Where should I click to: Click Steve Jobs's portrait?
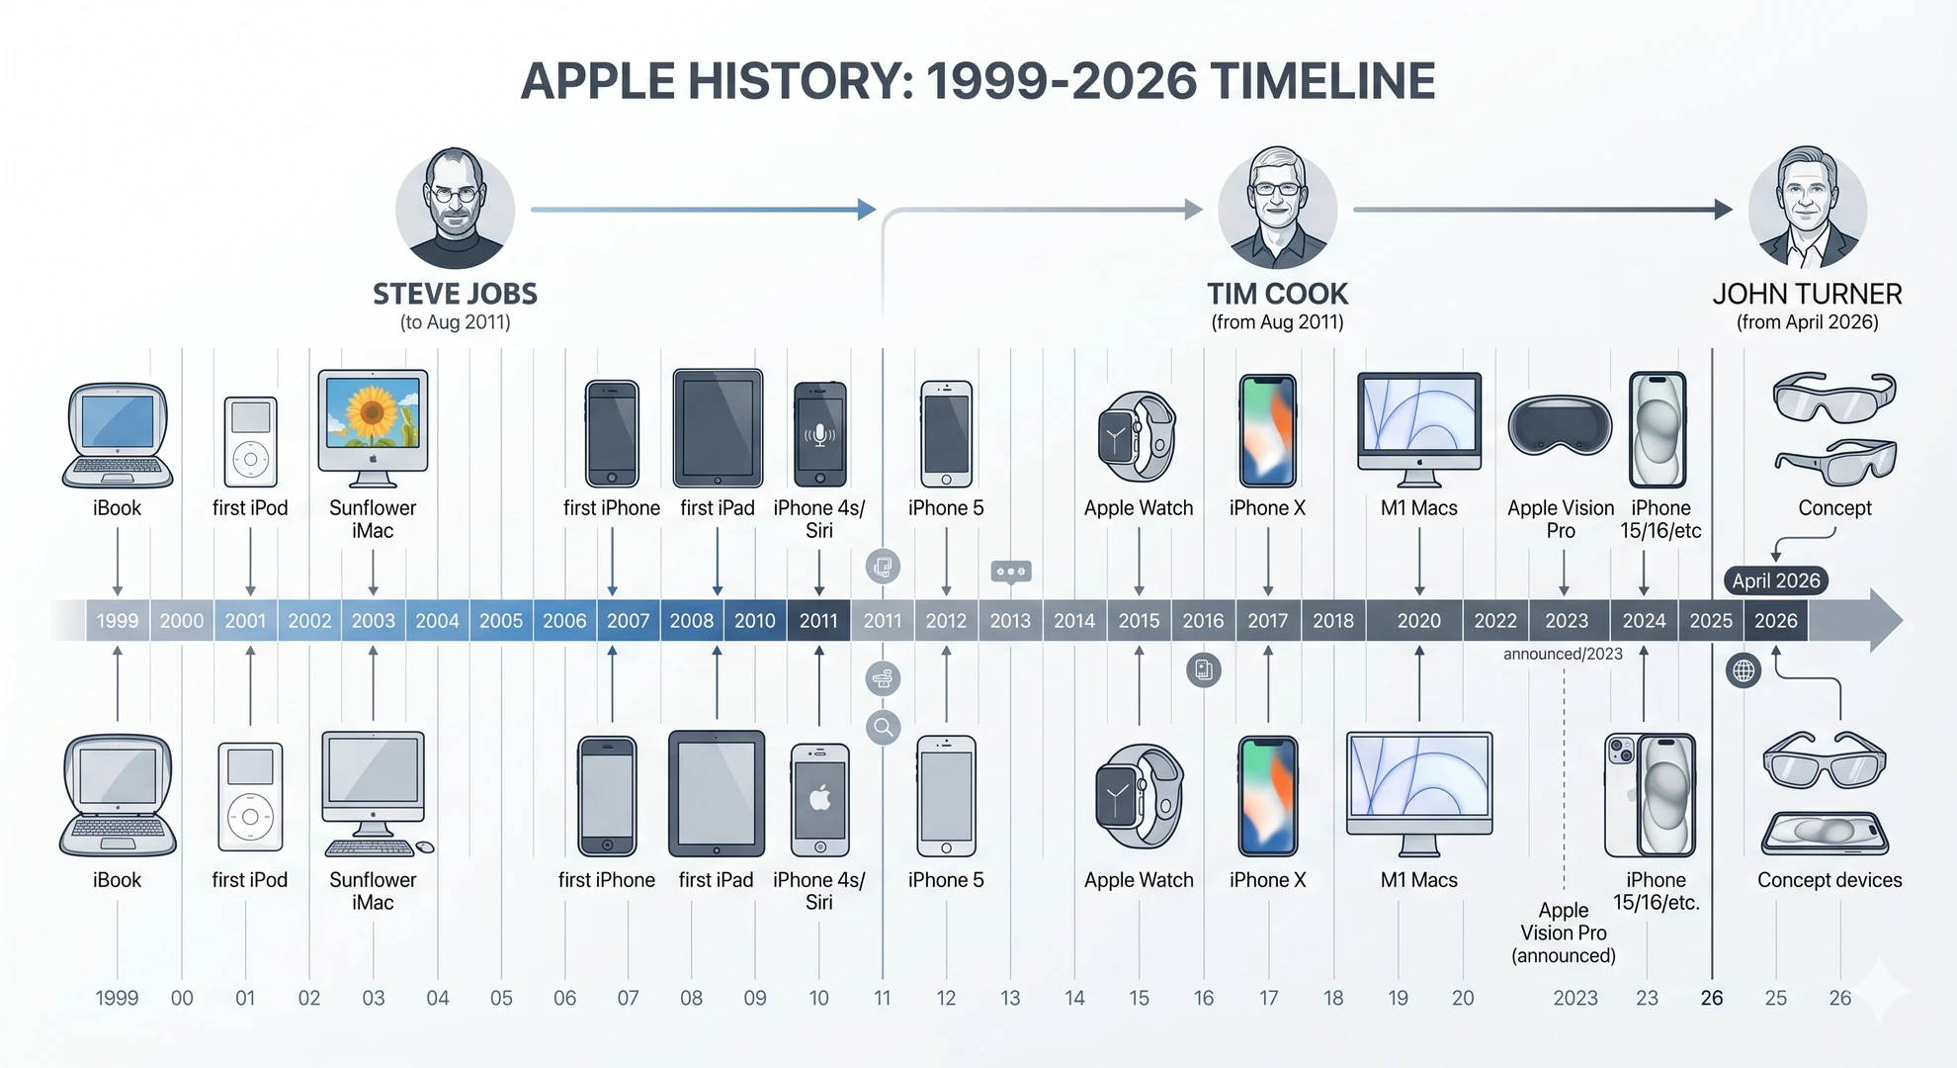coord(455,209)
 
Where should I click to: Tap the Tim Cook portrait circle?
coord(1277,209)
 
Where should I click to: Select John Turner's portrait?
coord(1807,209)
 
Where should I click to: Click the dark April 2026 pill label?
coord(1776,580)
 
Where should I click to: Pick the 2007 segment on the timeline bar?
coord(629,620)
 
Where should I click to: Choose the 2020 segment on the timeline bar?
coord(1418,620)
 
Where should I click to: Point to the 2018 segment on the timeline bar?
coord(1333,620)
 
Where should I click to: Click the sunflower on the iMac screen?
coord(372,413)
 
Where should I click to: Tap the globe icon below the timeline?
coord(1744,671)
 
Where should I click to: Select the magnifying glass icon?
coord(883,728)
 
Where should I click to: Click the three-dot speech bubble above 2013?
coord(1011,573)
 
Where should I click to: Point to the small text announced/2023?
coord(1563,654)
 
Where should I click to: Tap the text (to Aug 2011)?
coord(455,322)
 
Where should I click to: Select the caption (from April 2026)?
coord(1807,322)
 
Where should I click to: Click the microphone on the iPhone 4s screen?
coord(819,434)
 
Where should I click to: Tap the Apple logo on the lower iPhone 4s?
coord(819,798)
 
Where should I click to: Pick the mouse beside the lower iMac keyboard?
coord(425,847)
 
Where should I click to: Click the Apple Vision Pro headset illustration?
coord(1560,424)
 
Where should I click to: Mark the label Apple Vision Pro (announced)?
coord(1564,933)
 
